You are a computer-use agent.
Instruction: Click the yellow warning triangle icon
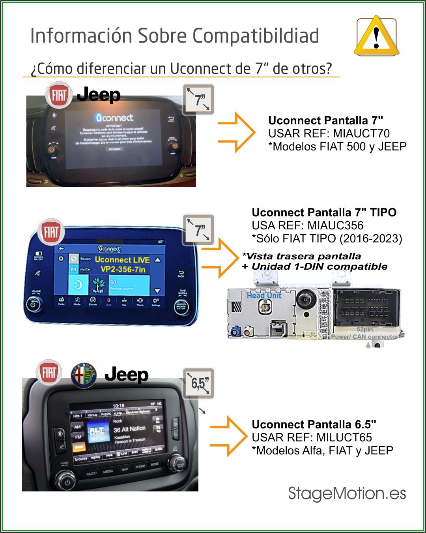tap(376, 37)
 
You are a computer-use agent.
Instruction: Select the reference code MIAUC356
tap(335, 225)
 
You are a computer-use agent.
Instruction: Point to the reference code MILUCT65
tap(344, 437)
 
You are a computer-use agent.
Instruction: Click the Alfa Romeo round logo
tap(84, 375)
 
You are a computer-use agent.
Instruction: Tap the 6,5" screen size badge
tap(199, 383)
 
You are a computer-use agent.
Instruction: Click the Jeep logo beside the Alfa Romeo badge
tap(126, 374)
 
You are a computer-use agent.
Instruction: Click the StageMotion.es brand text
tap(347, 494)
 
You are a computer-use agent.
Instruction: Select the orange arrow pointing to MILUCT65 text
tap(229, 437)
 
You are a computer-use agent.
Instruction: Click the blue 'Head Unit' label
tap(264, 295)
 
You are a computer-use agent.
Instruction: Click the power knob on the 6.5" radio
tap(66, 481)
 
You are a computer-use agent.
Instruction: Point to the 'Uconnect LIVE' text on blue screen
tap(122, 260)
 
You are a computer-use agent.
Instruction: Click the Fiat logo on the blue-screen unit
tap(51, 232)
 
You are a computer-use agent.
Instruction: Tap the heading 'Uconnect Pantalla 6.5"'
tap(314, 424)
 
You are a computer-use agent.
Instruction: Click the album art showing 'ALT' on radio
tap(98, 434)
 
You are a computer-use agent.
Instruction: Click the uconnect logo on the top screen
tap(114, 118)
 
